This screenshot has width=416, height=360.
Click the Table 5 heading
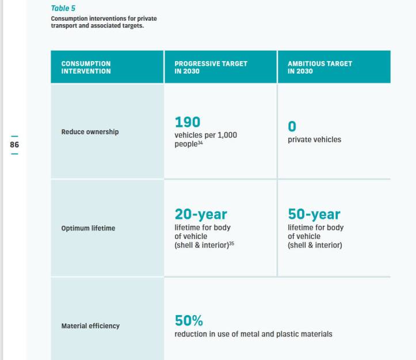point(63,9)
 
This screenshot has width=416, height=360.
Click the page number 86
point(14,145)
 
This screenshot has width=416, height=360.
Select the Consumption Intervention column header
point(86,67)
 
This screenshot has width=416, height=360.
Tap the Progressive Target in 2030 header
point(211,67)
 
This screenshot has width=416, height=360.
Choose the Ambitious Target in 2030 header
point(319,67)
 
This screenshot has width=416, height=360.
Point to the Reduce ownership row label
point(90,132)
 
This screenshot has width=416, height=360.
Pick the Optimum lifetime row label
point(88,228)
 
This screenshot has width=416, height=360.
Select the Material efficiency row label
point(90,326)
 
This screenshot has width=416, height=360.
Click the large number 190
point(188,122)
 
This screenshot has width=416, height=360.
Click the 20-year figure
point(201,214)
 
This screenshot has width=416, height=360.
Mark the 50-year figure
point(314,214)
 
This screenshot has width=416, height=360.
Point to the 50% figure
point(189,321)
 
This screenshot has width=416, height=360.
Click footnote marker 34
point(200,142)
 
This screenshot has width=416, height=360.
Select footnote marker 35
point(231,244)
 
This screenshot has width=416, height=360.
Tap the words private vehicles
point(314,139)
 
